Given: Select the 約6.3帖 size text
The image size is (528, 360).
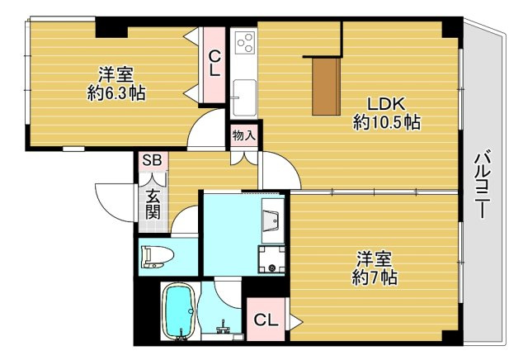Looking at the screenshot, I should [116, 93].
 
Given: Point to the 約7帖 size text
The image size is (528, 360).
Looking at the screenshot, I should [376, 277].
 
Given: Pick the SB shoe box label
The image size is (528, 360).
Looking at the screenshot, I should [153, 160].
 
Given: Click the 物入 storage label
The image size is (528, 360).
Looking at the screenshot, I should [243, 135].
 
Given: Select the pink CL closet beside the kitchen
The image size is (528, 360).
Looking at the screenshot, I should [214, 64].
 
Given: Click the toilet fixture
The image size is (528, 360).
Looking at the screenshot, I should [157, 257].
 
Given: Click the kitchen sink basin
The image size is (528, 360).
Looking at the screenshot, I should [243, 89].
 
